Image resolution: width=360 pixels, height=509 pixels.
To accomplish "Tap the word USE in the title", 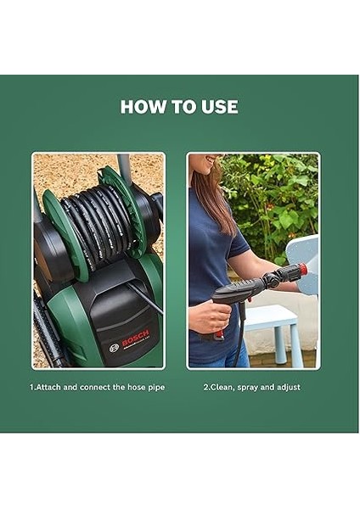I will coord(219,107).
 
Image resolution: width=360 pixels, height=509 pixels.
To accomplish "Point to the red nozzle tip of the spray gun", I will coord(302,270).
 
